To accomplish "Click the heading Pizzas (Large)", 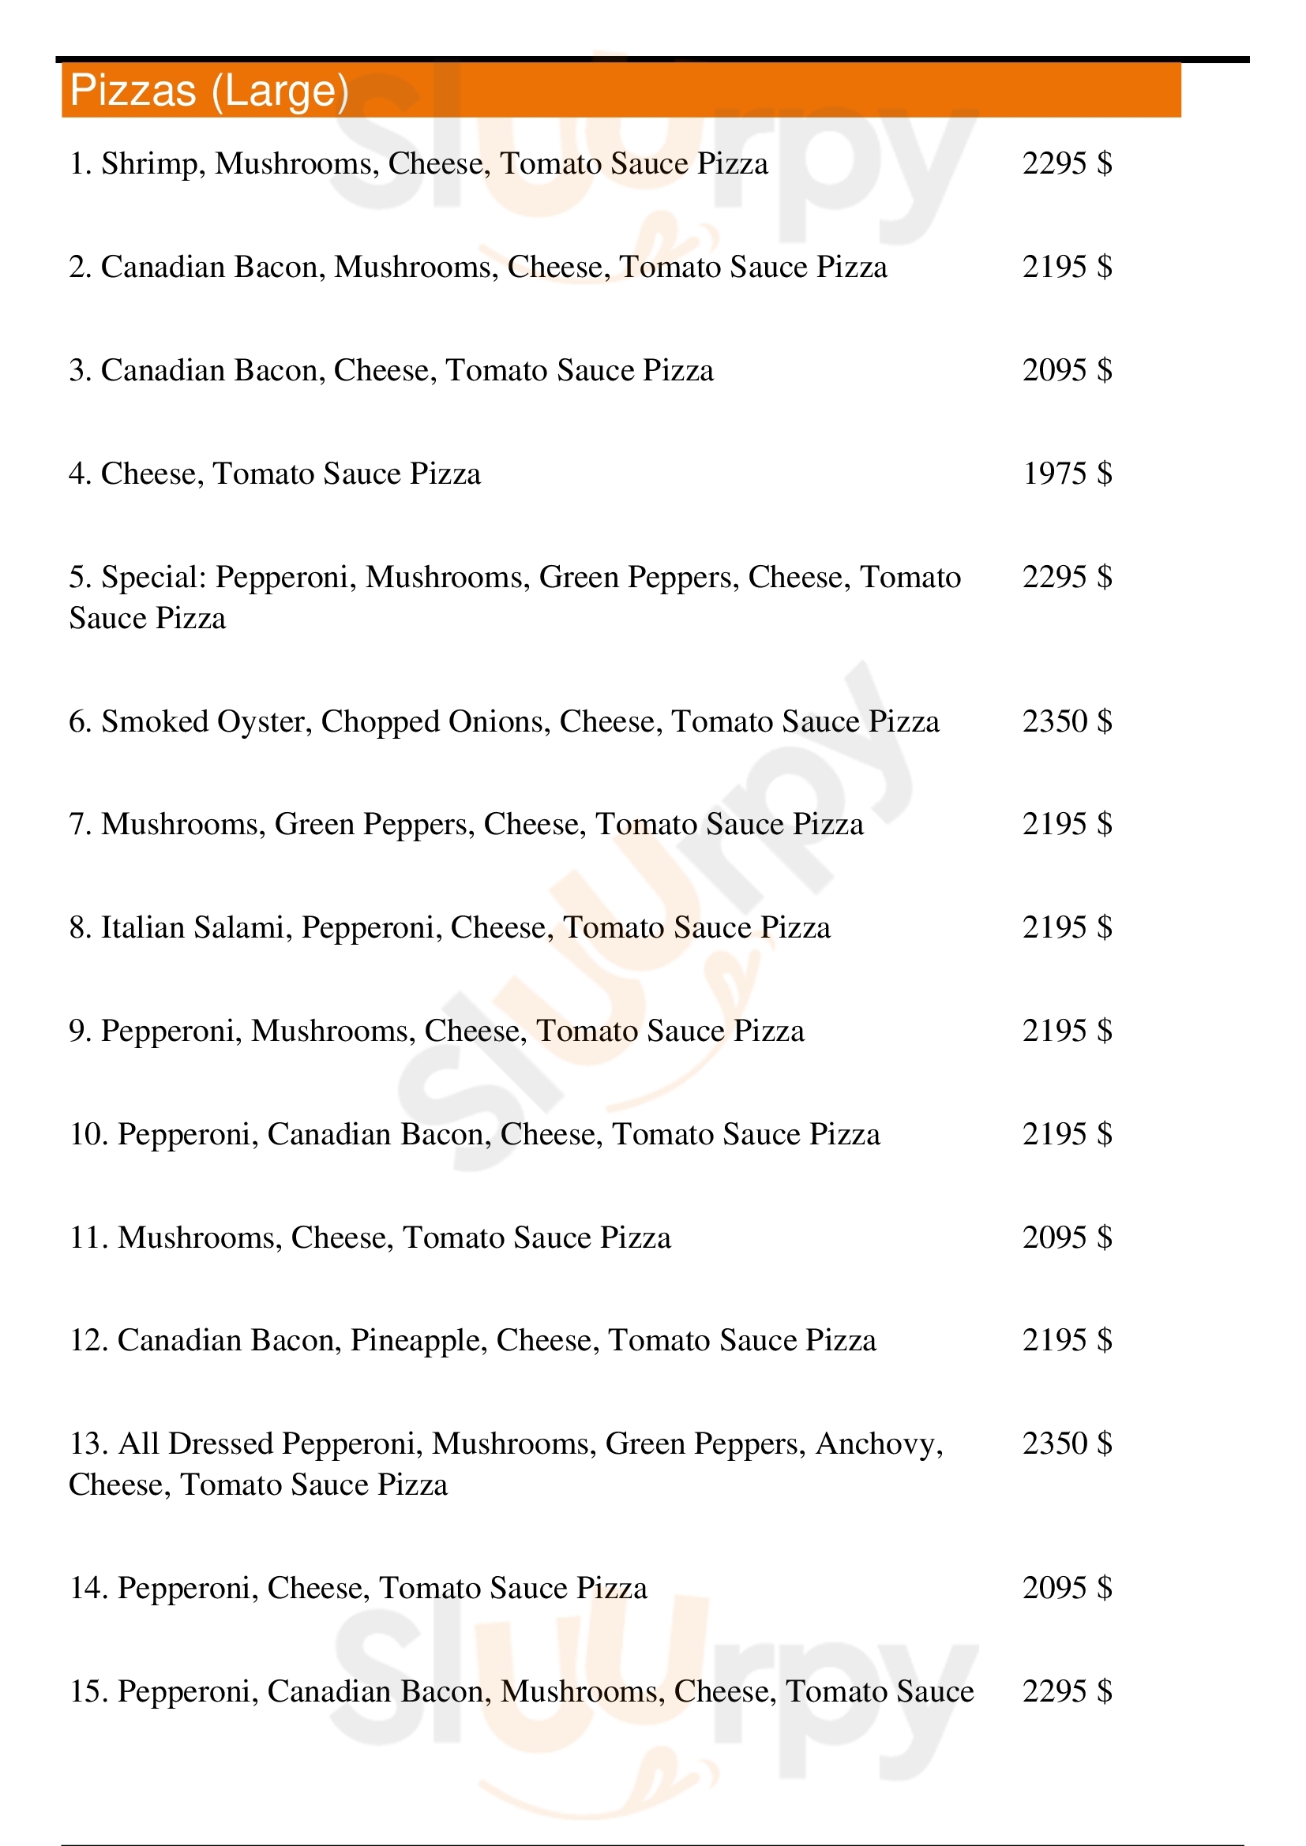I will point(209,90).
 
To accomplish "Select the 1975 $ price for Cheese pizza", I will point(1068,474).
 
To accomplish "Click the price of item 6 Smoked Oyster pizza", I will point(1068,721).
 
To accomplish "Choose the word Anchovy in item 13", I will point(878,1445).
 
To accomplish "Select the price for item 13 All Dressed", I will point(1068,1443).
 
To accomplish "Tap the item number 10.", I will point(88,1134).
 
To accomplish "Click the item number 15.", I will point(88,1691).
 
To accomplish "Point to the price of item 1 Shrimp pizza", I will point(1068,163).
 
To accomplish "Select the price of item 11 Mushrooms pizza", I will point(1068,1238).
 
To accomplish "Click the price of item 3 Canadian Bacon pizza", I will point(1068,370).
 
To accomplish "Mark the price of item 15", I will point(1068,1691).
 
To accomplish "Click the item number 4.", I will point(80,474).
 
